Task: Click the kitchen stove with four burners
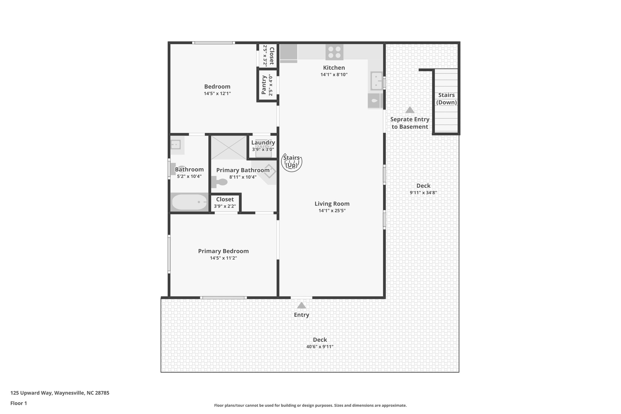334,52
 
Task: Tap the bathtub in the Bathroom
189,202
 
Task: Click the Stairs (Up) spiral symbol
292,162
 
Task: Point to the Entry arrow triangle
301,305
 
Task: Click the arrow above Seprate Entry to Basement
410,110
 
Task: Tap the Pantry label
264,85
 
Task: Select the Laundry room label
263,143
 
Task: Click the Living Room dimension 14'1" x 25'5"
332,211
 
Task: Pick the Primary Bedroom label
223,251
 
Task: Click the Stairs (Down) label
446,99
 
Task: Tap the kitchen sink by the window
376,81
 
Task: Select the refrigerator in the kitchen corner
288,52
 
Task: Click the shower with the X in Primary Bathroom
229,147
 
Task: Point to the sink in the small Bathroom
176,144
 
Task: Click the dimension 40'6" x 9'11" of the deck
320,347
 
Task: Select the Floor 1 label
18,403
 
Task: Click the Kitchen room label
334,68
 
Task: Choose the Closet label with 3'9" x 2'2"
225,199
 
